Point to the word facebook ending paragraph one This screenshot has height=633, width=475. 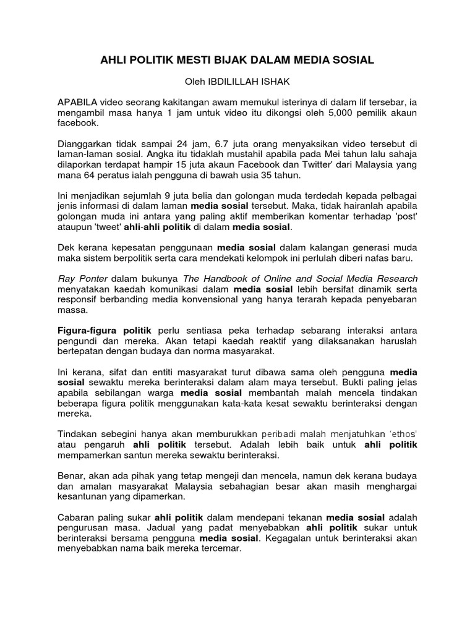point(79,122)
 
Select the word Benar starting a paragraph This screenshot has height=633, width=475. point(71,477)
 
